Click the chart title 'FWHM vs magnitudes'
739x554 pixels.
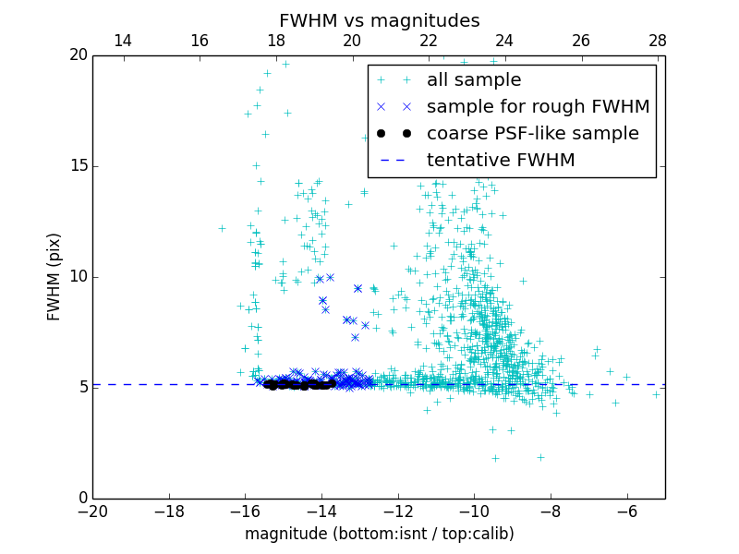(379, 20)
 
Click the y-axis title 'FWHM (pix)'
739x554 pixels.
(55, 276)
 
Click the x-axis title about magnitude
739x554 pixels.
(379, 534)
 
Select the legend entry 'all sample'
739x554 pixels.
(474, 80)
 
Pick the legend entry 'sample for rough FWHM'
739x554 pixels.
(538, 107)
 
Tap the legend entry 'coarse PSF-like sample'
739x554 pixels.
(532, 134)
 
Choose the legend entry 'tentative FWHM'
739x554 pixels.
(501, 161)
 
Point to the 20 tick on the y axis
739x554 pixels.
(77, 55)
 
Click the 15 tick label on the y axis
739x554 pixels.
(77, 166)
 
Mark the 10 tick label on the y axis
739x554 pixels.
(77, 277)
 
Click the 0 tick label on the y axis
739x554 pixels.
(81, 499)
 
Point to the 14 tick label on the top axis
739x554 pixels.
(123, 41)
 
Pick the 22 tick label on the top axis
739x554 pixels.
(429, 41)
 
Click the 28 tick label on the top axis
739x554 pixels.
(658, 41)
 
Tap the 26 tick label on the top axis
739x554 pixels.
(581, 41)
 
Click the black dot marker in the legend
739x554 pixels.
(393, 134)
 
